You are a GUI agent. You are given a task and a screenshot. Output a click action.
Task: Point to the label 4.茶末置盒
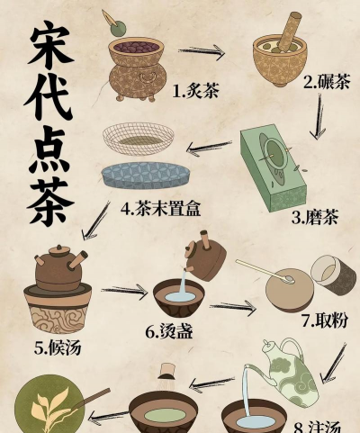coord(160,208)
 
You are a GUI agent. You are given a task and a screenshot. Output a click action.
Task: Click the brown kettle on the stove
coord(61,269)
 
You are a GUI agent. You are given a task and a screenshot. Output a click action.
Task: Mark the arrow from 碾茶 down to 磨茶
coord(317,118)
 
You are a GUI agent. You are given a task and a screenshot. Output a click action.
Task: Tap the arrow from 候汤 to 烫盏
coord(123,291)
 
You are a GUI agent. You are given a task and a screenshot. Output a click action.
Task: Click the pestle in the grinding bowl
coord(292,34)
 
